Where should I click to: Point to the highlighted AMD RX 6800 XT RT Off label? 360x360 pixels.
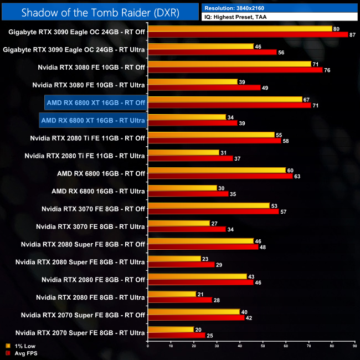point(96,102)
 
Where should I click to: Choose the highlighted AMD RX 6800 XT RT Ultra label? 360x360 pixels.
point(93,120)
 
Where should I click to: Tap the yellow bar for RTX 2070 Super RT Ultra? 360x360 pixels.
point(171,329)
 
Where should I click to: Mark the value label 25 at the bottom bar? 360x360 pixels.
point(210,336)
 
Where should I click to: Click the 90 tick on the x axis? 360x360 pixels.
point(354,347)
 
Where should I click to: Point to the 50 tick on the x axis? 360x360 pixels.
point(263,347)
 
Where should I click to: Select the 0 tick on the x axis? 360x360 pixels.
point(148,347)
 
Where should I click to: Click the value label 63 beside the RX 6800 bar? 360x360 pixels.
point(297,177)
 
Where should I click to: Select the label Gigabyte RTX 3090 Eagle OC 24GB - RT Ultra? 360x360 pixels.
point(74,49)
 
